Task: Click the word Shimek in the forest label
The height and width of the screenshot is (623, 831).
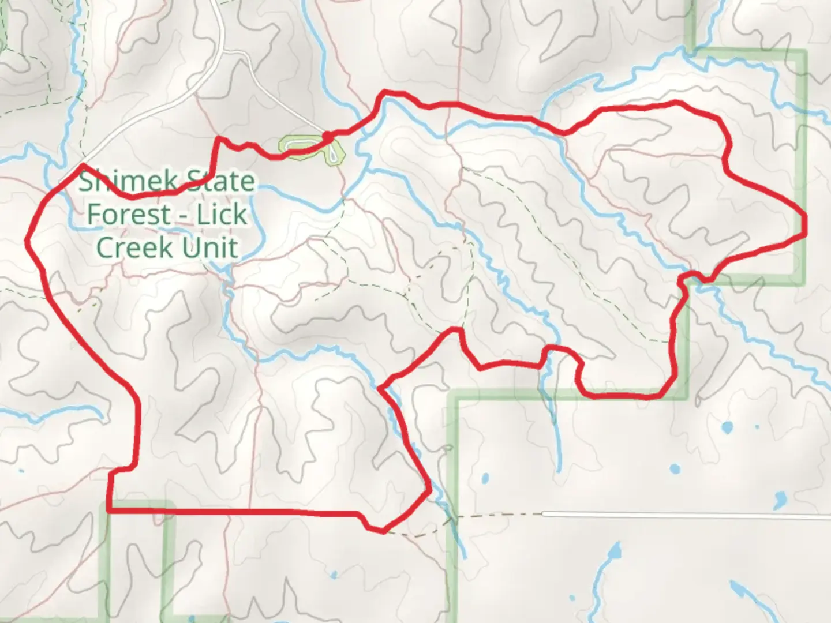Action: [x=118, y=182]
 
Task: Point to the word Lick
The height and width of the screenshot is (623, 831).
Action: [x=222, y=215]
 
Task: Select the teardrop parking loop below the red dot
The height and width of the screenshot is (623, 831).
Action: [x=334, y=153]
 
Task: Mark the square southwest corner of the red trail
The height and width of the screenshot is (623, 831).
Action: [x=109, y=511]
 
